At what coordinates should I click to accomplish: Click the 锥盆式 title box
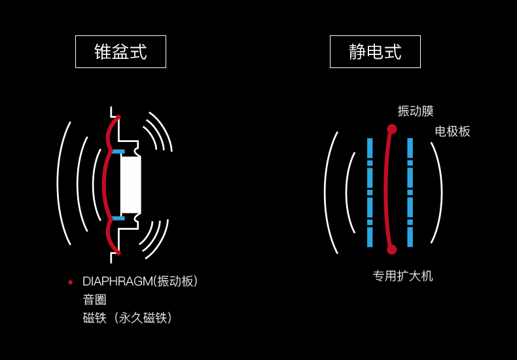click(120, 52)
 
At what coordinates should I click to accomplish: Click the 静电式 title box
click(375, 52)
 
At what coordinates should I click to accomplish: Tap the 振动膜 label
click(416, 111)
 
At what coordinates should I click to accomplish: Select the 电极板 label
click(452, 132)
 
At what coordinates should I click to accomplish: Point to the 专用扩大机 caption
click(402, 276)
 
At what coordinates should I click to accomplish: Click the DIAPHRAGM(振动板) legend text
click(139, 281)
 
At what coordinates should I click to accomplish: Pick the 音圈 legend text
click(94, 300)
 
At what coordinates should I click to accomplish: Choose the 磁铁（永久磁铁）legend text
click(128, 318)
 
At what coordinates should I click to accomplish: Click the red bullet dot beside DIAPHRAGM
click(71, 282)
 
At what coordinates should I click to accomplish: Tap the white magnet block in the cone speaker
click(130, 185)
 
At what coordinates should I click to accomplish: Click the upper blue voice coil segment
click(118, 152)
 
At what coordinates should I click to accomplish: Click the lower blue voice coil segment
click(118, 218)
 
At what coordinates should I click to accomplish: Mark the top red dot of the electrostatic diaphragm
click(392, 129)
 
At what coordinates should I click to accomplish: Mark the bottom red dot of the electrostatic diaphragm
click(391, 249)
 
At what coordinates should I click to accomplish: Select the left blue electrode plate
click(370, 192)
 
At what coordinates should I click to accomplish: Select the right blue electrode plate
click(410, 192)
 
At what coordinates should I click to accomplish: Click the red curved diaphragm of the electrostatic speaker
click(386, 190)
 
